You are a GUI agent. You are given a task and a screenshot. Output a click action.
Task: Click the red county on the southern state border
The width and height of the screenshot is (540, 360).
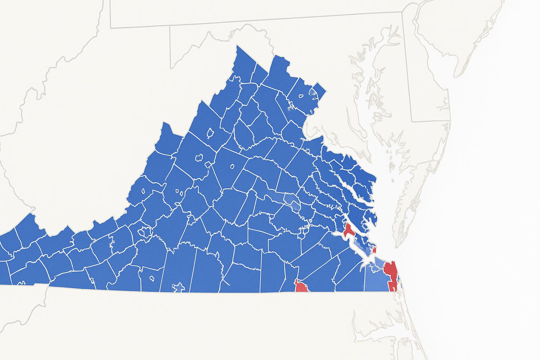pyautogui.click(x=301, y=286)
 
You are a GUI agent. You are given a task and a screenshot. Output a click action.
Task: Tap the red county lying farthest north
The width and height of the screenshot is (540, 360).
pyautogui.click(x=350, y=230)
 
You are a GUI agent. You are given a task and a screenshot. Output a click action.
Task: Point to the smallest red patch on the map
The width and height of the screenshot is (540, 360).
pyautogui.click(x=375, y=250)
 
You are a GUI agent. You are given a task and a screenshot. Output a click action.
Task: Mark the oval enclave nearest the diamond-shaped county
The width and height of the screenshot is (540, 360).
pyautogui.click(x=301, y=96)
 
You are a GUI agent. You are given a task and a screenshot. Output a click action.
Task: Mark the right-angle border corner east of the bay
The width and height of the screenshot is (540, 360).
pyautogui.click(x=412, y=122)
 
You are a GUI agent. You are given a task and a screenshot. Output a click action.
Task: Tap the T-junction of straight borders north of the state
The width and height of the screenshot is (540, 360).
pyautogui.click(x=171, y=26)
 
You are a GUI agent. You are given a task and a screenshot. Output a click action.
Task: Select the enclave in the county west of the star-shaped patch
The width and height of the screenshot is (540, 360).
pyautogui.click(x=152, y=278)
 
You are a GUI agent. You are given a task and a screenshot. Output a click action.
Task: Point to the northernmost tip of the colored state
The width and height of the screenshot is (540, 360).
pyautogui.click(x=238, y=45)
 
